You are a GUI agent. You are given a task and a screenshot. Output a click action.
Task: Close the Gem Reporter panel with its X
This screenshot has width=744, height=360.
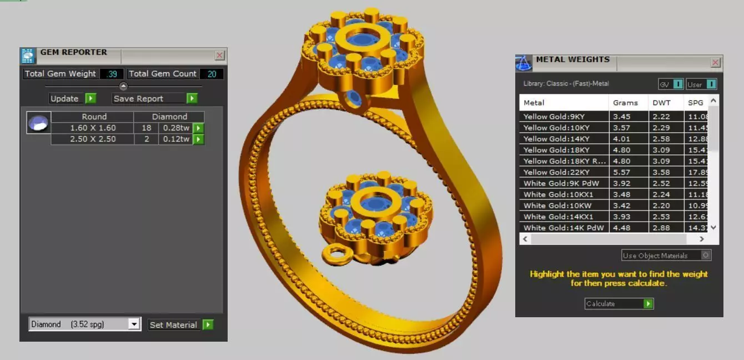point(220,55)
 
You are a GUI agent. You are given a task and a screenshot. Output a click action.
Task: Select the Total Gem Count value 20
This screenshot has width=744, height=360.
point(212,74)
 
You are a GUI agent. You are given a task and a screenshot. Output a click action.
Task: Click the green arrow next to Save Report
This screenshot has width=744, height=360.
point(192,98)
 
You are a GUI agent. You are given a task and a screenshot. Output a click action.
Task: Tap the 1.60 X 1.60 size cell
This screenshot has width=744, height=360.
point(93,128)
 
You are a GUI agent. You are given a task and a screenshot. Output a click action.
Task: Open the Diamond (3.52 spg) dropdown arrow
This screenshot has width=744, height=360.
point(134,324)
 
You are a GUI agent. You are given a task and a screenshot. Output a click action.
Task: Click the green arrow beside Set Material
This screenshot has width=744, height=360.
point(208,324)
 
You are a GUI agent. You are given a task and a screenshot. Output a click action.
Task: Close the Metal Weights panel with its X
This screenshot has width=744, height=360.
point(716,63)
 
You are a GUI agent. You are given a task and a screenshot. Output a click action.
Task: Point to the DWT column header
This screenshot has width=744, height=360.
point(661,103)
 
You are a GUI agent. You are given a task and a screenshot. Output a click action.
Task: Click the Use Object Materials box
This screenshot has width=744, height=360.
point(666,256)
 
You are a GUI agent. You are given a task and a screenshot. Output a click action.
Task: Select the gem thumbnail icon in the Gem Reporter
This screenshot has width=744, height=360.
point(39,122)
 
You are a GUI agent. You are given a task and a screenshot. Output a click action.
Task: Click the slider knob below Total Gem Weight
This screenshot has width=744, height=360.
point(123,86)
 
